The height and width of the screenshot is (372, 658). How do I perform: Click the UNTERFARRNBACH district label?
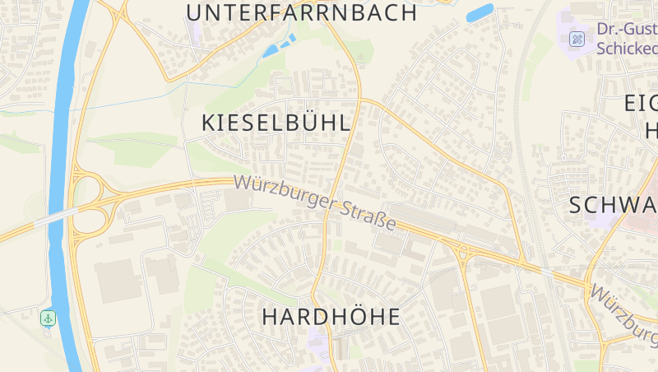(x=301, y=12)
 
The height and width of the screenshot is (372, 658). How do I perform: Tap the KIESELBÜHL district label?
(x=276, y=123)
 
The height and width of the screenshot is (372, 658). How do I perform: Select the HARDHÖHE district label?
(x=331, y=316)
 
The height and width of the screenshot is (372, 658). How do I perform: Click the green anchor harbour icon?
(x=49, y=317)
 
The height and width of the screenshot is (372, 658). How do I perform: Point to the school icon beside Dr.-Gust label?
(x=577, y=39)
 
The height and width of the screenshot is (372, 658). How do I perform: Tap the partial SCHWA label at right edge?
(x=613, y=206)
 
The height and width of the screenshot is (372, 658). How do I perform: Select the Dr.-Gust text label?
(x=627, y=30)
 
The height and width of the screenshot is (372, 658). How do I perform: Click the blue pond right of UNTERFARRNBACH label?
(x=480, y=13)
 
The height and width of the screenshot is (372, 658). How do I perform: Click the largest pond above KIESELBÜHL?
(x=271, y=50)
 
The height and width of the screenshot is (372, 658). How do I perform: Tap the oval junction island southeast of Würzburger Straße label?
(x=463, y=252)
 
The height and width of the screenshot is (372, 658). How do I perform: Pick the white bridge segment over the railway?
(x=546, y=271)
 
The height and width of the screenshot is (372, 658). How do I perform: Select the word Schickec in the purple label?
(x=627, y=48)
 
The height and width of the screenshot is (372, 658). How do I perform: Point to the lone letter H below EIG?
(x=651, y=130)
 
